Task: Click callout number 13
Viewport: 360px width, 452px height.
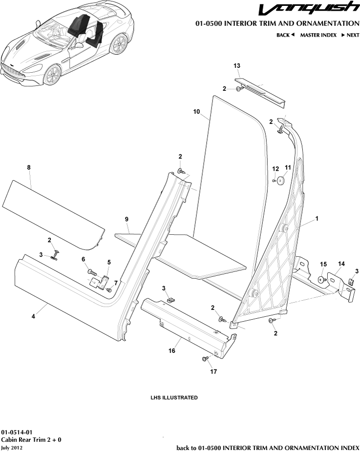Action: click(x=237, y=65)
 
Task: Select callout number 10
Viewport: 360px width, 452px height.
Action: click(x=197, y=112)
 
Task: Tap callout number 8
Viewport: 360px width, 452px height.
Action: click(x=29, y=167)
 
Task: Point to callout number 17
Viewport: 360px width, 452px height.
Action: click(x=213, y=371)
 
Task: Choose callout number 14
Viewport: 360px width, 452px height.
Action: click(x=341, y=264)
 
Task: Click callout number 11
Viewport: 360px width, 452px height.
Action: click(x=288, y=167)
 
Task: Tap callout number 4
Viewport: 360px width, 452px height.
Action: click(x=33, y=317)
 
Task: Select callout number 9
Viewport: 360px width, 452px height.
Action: click(x=127, y=219)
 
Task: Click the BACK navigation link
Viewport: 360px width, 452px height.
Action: click(x=285, y=35)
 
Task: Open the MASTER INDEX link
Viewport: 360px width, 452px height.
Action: click(x=318, y=35)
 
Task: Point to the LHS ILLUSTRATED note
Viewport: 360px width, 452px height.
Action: click(x=174, y=398)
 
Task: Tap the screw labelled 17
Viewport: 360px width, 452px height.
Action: click(x=205, y=359)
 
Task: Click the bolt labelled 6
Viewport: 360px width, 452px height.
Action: click(x=90, y=271)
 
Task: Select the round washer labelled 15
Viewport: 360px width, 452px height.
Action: click(x=321, y=280)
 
